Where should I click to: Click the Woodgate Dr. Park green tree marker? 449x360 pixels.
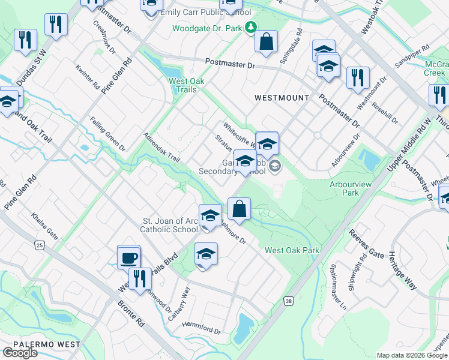251,28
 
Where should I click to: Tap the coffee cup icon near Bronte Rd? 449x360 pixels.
129,257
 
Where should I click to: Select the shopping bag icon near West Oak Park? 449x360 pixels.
239,209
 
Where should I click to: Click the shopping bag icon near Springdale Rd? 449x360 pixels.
266,41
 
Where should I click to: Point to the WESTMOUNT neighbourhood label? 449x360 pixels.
282,97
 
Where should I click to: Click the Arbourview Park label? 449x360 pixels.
345,189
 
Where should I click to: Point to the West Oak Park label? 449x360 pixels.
292,250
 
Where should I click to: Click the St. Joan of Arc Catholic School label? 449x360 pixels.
169,225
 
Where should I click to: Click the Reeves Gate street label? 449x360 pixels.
366,245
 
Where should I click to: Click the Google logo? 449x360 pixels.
20,352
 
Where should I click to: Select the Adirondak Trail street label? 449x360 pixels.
162,148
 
